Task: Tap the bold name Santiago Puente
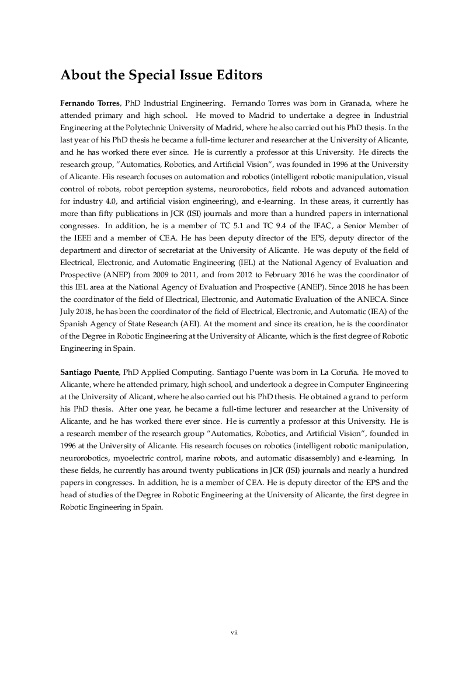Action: pos(89,372)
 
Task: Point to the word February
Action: pos(286,275)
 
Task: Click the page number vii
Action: pos(234,632)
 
